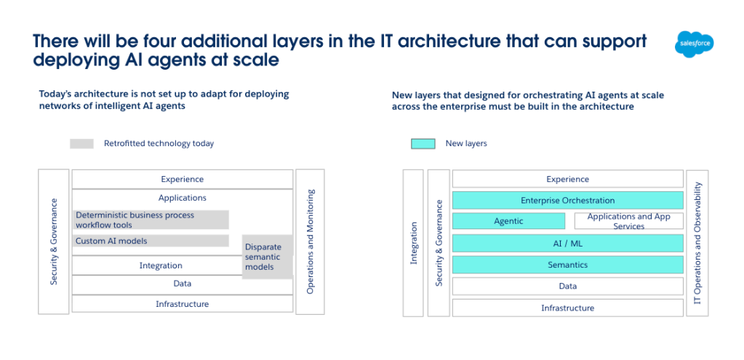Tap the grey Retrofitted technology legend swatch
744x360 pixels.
(81, 143)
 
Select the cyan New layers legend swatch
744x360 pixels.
(423, 143)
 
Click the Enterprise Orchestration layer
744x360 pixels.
(567, 200)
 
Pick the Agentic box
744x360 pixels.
(508, 221)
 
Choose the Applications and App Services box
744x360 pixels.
(628, 221)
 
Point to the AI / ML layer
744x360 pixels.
(567, 243)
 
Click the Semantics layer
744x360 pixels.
(567, 265)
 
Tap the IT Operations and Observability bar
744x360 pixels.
(697, 243)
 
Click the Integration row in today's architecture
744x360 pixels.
(161, 265)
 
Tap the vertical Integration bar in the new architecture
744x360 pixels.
(413, 243)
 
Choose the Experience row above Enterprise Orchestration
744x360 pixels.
(567, 179)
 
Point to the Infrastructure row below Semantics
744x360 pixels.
(567, 308)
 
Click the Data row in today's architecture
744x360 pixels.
(182, 284)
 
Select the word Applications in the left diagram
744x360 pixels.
(182, 198)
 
